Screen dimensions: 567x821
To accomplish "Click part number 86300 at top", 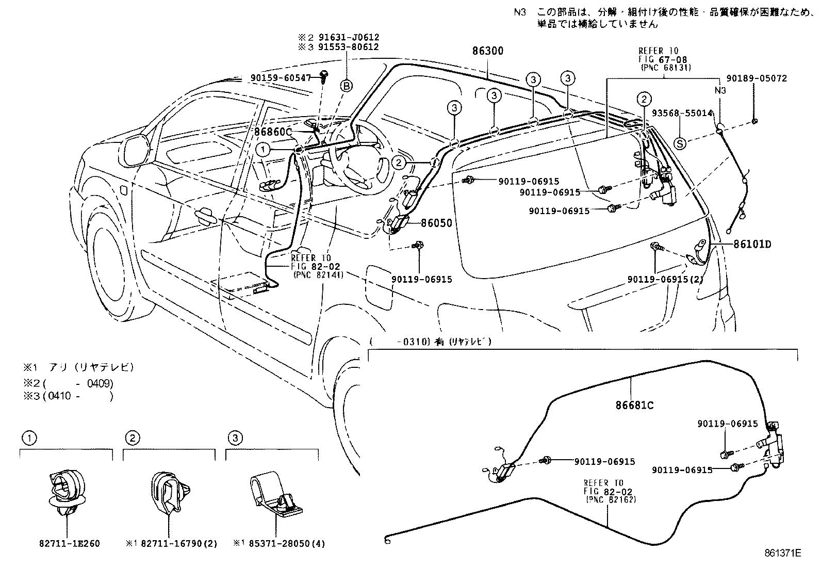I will tap(487, 51).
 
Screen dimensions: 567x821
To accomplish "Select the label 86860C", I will tap(273, 132).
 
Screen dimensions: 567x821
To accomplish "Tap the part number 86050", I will tap(436, 223).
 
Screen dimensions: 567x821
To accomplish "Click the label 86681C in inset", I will tap(634, 406).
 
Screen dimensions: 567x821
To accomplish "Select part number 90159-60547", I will tap(281, 78).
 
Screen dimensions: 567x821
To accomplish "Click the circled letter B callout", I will tap(347, 86).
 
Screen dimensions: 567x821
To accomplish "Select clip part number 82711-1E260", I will tap(69, 544).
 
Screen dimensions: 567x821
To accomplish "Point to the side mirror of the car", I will tap(136, 147).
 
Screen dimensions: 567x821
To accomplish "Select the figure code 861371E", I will tap(782, 554).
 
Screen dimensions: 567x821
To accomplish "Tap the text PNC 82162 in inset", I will tap(611, 500).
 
